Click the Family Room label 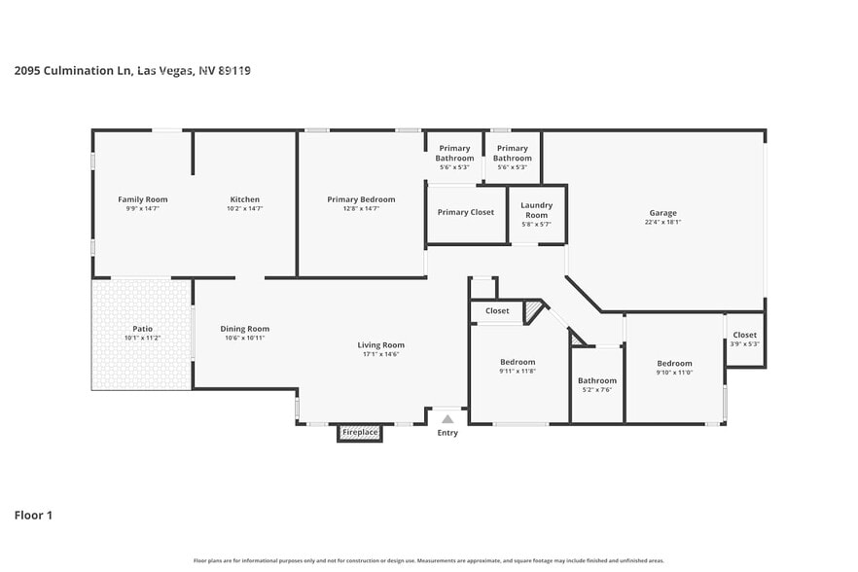(143, 199)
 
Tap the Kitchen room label (244, 199)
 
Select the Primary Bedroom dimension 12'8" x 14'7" (361, 208)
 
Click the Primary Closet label (465, 212)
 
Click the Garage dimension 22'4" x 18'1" (662, 222)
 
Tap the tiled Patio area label (142, 329)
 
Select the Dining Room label (244, 329)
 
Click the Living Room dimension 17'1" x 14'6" (380, 354)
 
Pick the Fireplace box (359, 432)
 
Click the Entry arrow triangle (447, 418)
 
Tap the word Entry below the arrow (447, 433)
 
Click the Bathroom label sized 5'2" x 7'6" (596, 380)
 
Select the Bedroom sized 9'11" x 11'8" (518, 362)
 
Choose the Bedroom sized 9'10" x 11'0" (673, 363)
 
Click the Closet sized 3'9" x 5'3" (744, 335)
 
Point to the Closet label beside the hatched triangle (497, 311)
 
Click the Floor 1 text (33, 515)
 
